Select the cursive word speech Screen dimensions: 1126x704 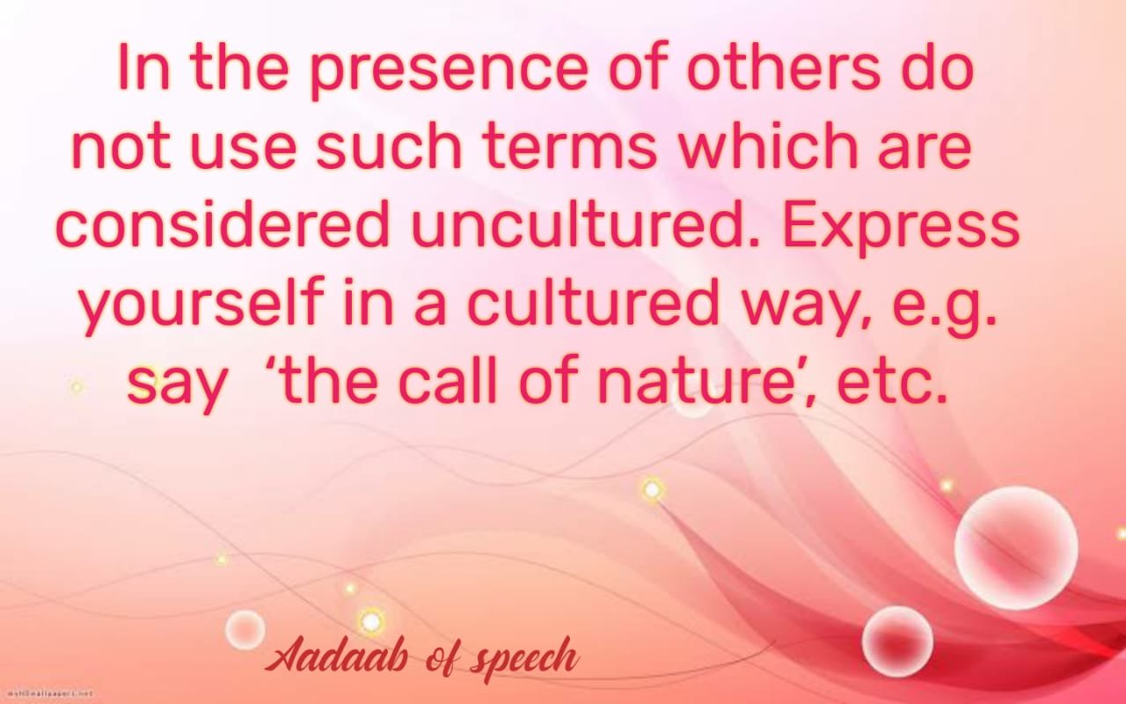click(x=523, y=659)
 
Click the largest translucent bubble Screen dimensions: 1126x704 click(x=1016, y=548)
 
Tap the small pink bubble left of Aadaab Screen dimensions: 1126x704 click(x=245, y=629)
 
